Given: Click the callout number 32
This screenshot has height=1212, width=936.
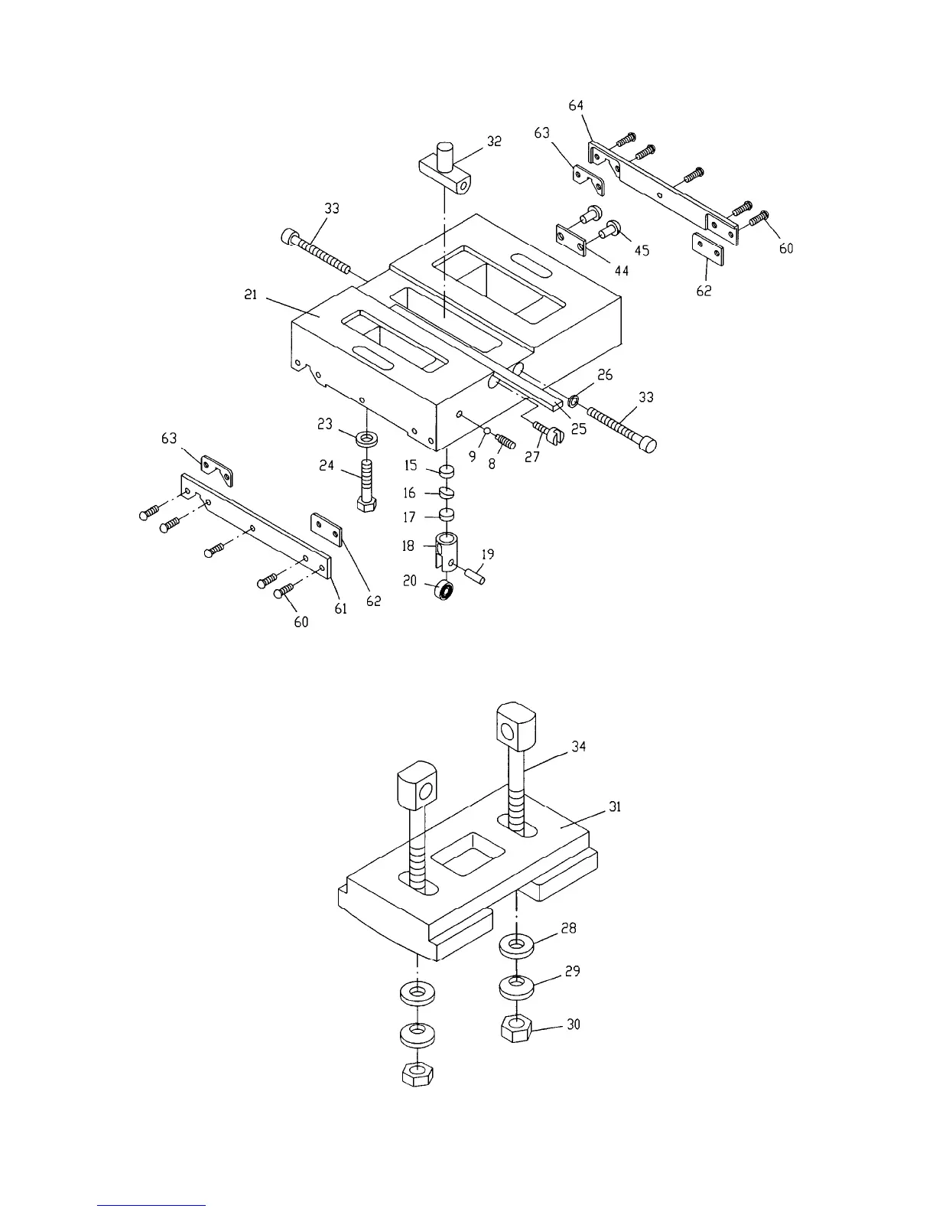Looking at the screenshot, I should (494, 142).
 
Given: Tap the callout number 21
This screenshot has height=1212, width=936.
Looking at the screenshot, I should (251, 295).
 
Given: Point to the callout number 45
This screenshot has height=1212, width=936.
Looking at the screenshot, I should (642, 250).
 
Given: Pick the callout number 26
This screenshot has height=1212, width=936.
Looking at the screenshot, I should (605, 375).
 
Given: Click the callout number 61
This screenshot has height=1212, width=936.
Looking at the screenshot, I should (340, 608).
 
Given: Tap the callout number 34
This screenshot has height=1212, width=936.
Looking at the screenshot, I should (579, 746).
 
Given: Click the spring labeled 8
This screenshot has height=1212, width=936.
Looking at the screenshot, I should (504, 442).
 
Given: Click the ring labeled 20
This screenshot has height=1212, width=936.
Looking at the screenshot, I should (443, 591).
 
